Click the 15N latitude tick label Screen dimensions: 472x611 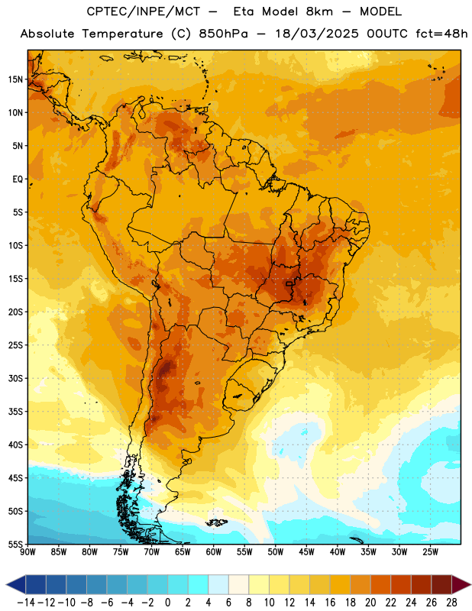(x=15, y=79)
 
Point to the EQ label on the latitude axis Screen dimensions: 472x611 (x=18, y=179)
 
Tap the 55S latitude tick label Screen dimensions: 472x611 (x=15, y=544)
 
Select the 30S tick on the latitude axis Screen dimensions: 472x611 (x=15, y=378)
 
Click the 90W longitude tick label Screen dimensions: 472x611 (x=27, y=552)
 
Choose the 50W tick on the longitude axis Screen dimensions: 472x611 (x=276, y=552)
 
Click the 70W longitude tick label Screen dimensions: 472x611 (x=152, y=552)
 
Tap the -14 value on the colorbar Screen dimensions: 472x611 (x=26, y=603)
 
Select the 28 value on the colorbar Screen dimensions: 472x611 (x=451, y=603)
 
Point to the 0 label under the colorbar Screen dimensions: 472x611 (x=167, y=603)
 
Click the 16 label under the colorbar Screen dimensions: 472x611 (x=330, y=603)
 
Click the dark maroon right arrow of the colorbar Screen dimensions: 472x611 (x=461, y=584)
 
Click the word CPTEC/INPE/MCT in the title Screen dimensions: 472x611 (x=144, y=11)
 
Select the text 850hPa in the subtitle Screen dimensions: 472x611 (x=223, y=34)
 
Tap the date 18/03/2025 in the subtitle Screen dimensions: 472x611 (x=317, y=34)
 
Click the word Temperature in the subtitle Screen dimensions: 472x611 (x=122, y=34)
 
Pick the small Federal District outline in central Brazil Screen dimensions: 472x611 (x=289, y=283)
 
